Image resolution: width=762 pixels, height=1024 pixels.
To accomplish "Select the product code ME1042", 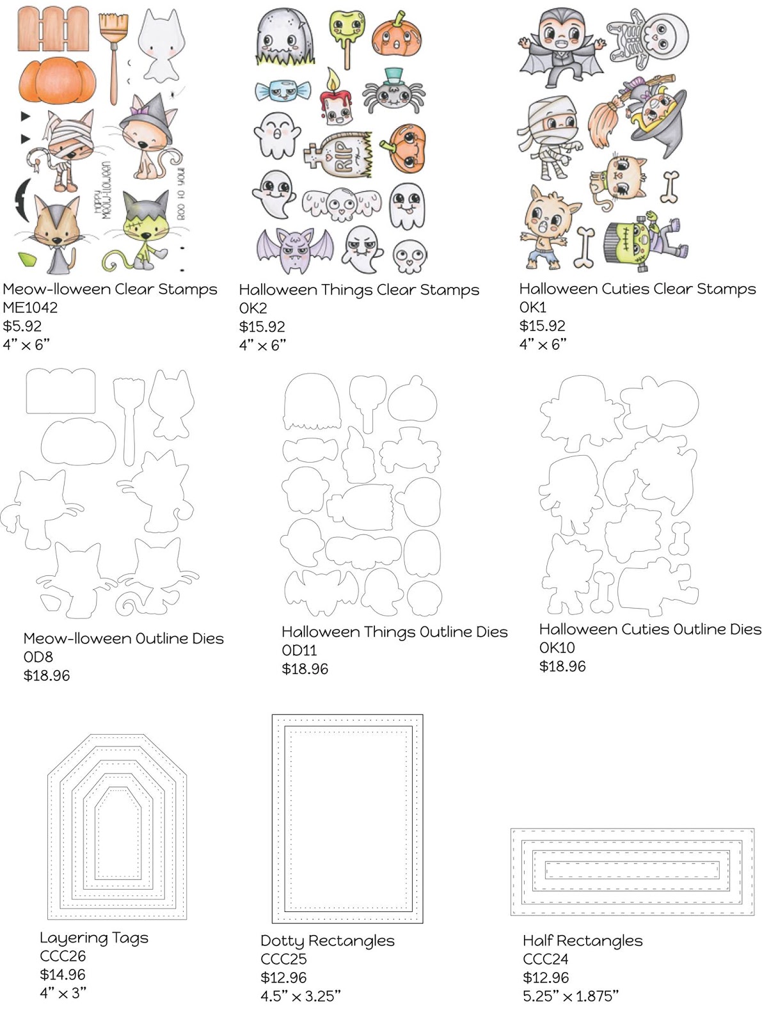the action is (30, 308).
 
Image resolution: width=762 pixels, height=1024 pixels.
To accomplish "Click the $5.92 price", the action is (22, 326).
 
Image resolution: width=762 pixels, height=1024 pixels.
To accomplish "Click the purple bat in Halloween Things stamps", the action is (295, 250).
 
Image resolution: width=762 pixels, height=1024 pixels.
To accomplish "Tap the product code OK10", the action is (557, 648).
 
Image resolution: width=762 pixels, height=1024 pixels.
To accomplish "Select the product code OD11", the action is (299, 650).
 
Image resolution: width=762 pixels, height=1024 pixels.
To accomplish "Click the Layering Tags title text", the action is (94, 938).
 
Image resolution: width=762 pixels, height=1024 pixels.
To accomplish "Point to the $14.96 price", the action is (63, 975).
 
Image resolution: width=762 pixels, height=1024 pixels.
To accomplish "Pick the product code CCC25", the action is (283, 959).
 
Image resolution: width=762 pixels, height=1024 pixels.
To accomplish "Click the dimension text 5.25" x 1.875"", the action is (571, 996).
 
